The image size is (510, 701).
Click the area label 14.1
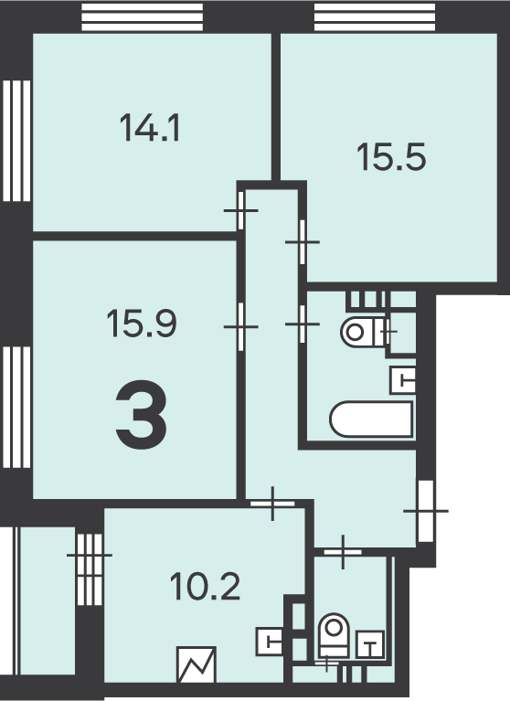(150, 128)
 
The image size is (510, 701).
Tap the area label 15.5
(391, 157)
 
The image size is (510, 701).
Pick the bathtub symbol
(371, 419)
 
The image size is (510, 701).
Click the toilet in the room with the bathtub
(364, 332)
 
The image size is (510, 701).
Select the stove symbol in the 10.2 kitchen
(197, 664)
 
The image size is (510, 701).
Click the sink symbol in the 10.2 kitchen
(269, 642)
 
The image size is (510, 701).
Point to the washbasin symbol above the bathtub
(403, 380)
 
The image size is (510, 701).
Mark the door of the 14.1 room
(241, 210)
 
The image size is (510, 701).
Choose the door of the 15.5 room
(303, 242)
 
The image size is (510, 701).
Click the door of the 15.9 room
(241, 327)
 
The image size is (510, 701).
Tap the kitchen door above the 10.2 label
(272, 504)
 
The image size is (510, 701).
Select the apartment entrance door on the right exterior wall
(426, 511)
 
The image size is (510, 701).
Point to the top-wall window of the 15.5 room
(375, 17)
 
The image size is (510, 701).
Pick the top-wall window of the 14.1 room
(143, 17)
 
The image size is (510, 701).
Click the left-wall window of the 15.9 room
(16, 407)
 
